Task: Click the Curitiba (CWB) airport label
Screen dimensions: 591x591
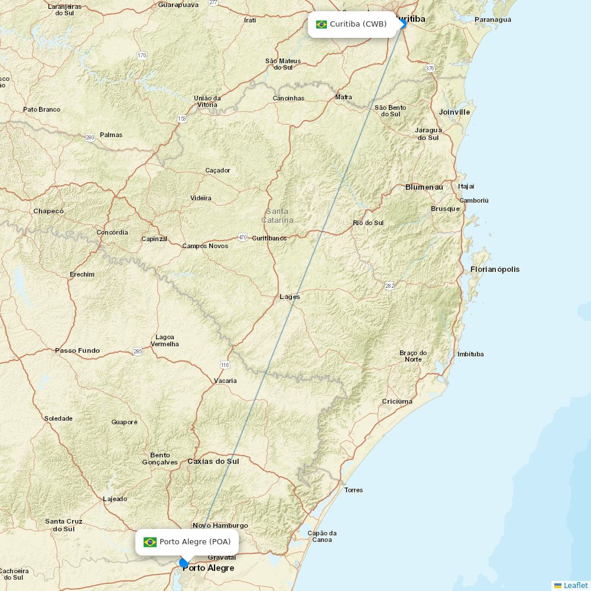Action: click(358, 24)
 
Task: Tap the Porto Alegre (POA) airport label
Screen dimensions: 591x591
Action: click(195, 542)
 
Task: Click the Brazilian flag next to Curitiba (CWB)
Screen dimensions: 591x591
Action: click(322, 24)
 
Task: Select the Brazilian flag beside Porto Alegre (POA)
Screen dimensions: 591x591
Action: click(150, 542)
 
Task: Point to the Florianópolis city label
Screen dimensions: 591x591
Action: click(495, 269)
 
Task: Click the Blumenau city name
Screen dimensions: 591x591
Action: click(424, 187)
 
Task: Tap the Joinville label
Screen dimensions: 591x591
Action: click(454, 112)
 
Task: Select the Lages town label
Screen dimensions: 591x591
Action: click(290, 297)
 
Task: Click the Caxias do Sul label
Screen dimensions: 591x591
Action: click(213, 461)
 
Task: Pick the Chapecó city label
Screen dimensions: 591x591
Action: click(48, 211)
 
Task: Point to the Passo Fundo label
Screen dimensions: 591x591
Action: click(77, 350)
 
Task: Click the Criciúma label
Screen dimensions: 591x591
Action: click(397, 401)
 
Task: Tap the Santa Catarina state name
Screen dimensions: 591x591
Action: click(277, 216)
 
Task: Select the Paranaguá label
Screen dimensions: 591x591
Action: click(492, 20)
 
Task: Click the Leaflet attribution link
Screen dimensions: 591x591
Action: click(575, 585)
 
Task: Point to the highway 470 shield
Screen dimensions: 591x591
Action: click(242, 238)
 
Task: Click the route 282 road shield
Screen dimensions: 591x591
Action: click(389, 286)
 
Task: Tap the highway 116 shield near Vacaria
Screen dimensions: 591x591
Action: click(225, 365)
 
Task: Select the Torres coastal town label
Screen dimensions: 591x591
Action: click(353, 490)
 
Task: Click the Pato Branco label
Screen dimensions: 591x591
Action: click(41, 109)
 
